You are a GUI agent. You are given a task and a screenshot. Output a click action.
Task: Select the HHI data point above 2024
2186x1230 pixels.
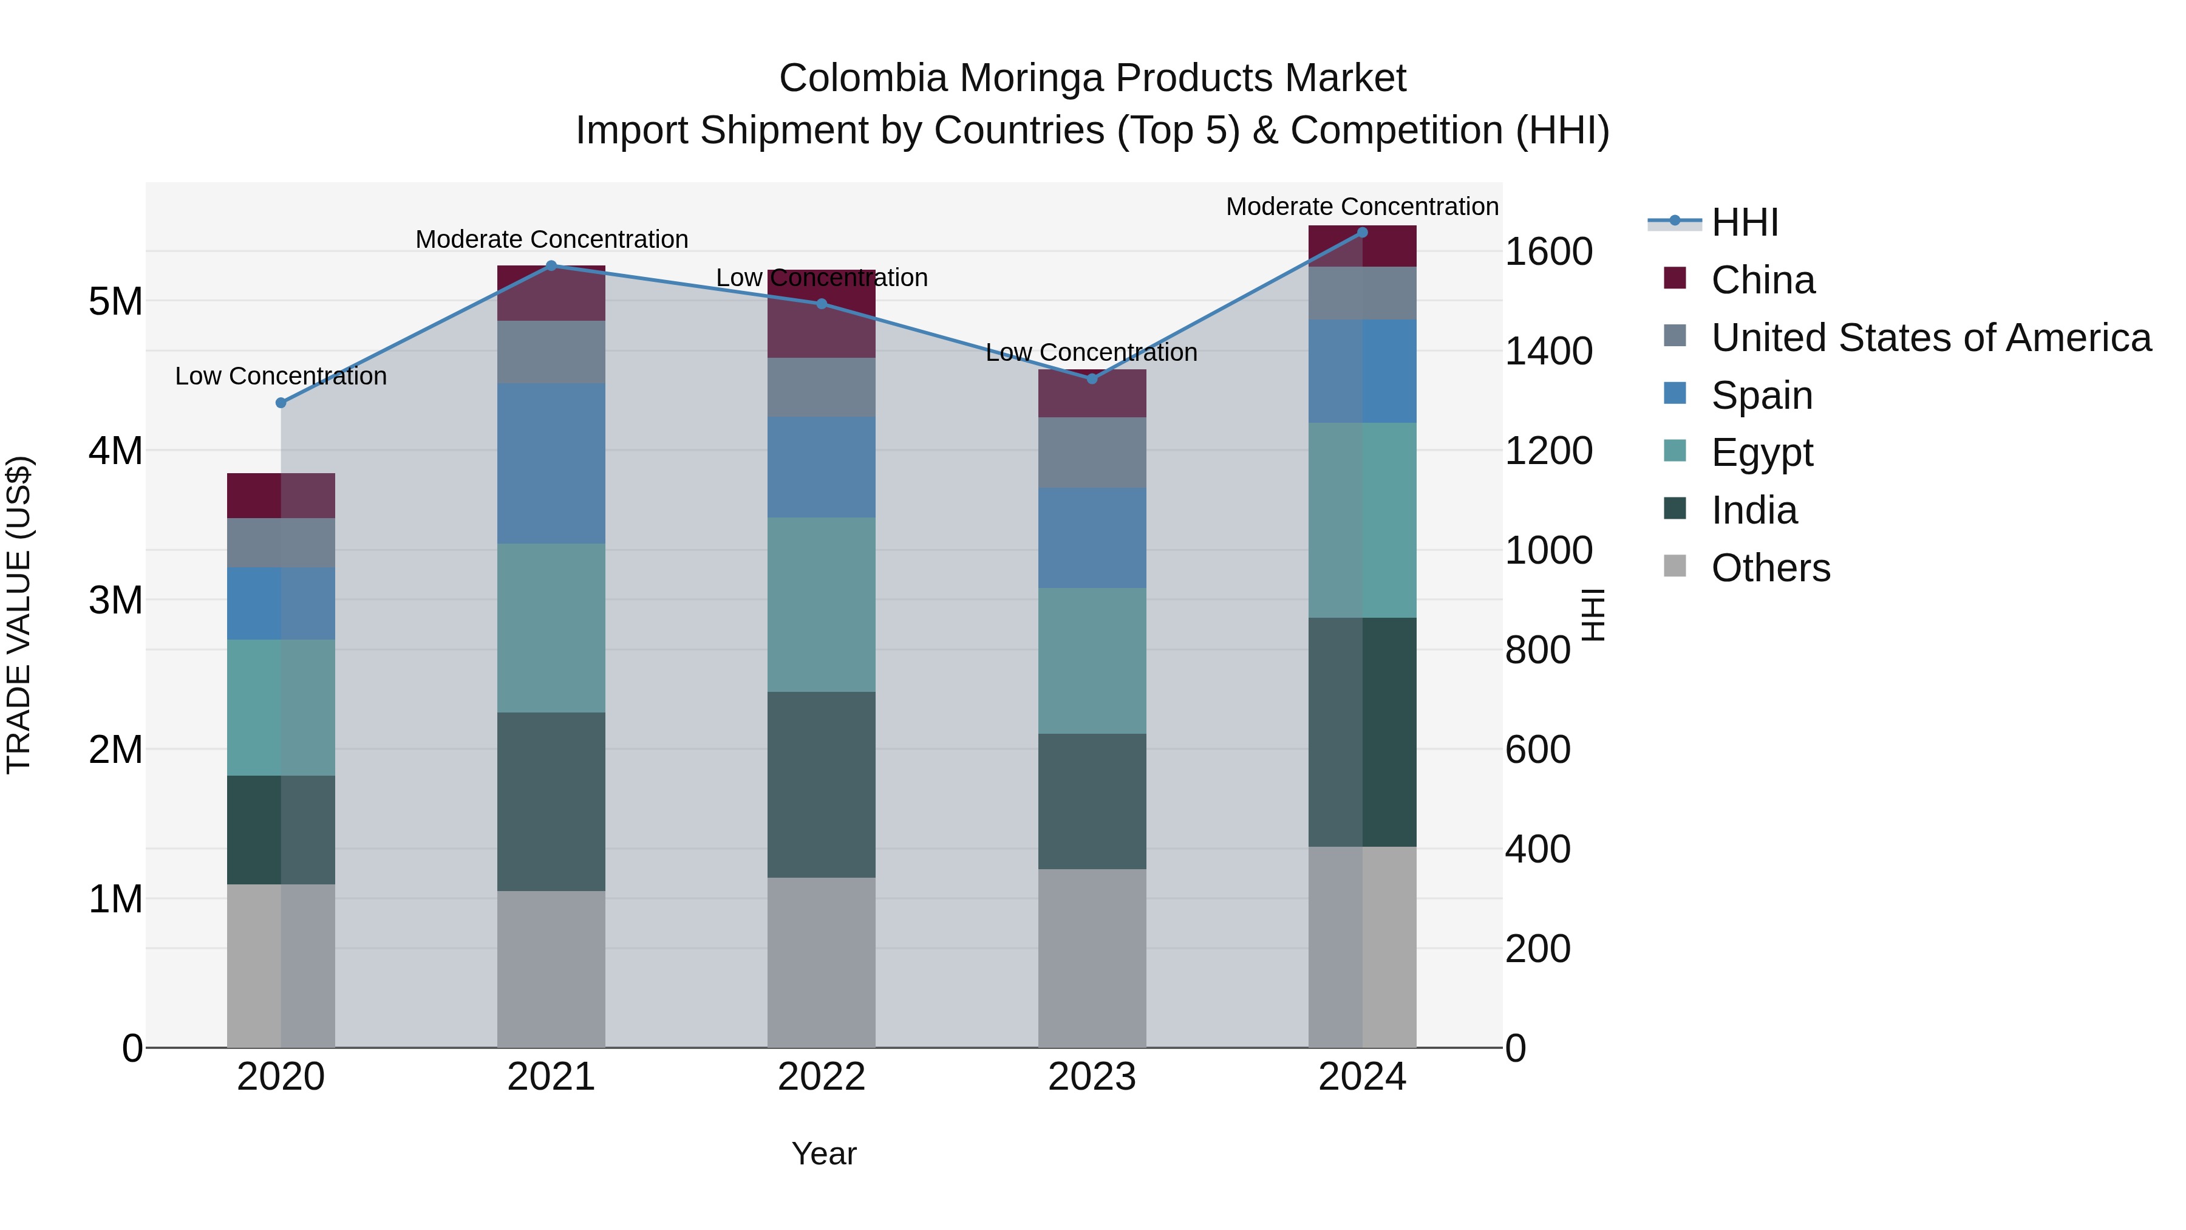tap(1362, 233)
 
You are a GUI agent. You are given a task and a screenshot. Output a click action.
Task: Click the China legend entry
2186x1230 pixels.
tap(1763, 280)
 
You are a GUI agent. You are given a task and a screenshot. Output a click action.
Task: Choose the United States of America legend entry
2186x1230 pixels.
tap(1930, 338)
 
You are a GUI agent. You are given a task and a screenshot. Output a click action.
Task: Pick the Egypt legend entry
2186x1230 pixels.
tap(1762, 453)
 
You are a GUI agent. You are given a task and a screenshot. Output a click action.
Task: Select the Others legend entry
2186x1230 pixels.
tap(1770, 568)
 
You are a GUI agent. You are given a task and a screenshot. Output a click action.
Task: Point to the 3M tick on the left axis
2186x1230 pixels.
tap(115, 600)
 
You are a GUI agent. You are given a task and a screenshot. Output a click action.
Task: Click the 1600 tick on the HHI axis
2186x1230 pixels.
tap(1548, 252)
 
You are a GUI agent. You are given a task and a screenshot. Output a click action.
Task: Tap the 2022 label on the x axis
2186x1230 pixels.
tap(820, 1077)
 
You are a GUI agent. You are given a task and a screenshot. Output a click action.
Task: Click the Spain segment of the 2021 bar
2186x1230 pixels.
tap(551, 463)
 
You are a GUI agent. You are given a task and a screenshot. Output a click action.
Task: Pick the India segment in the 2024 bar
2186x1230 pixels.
tap(1362, 732)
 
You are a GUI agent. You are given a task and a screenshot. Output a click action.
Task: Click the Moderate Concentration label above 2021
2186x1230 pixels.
tap(551, 239)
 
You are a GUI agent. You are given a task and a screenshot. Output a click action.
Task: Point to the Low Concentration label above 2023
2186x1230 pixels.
tap(1091, 352)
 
